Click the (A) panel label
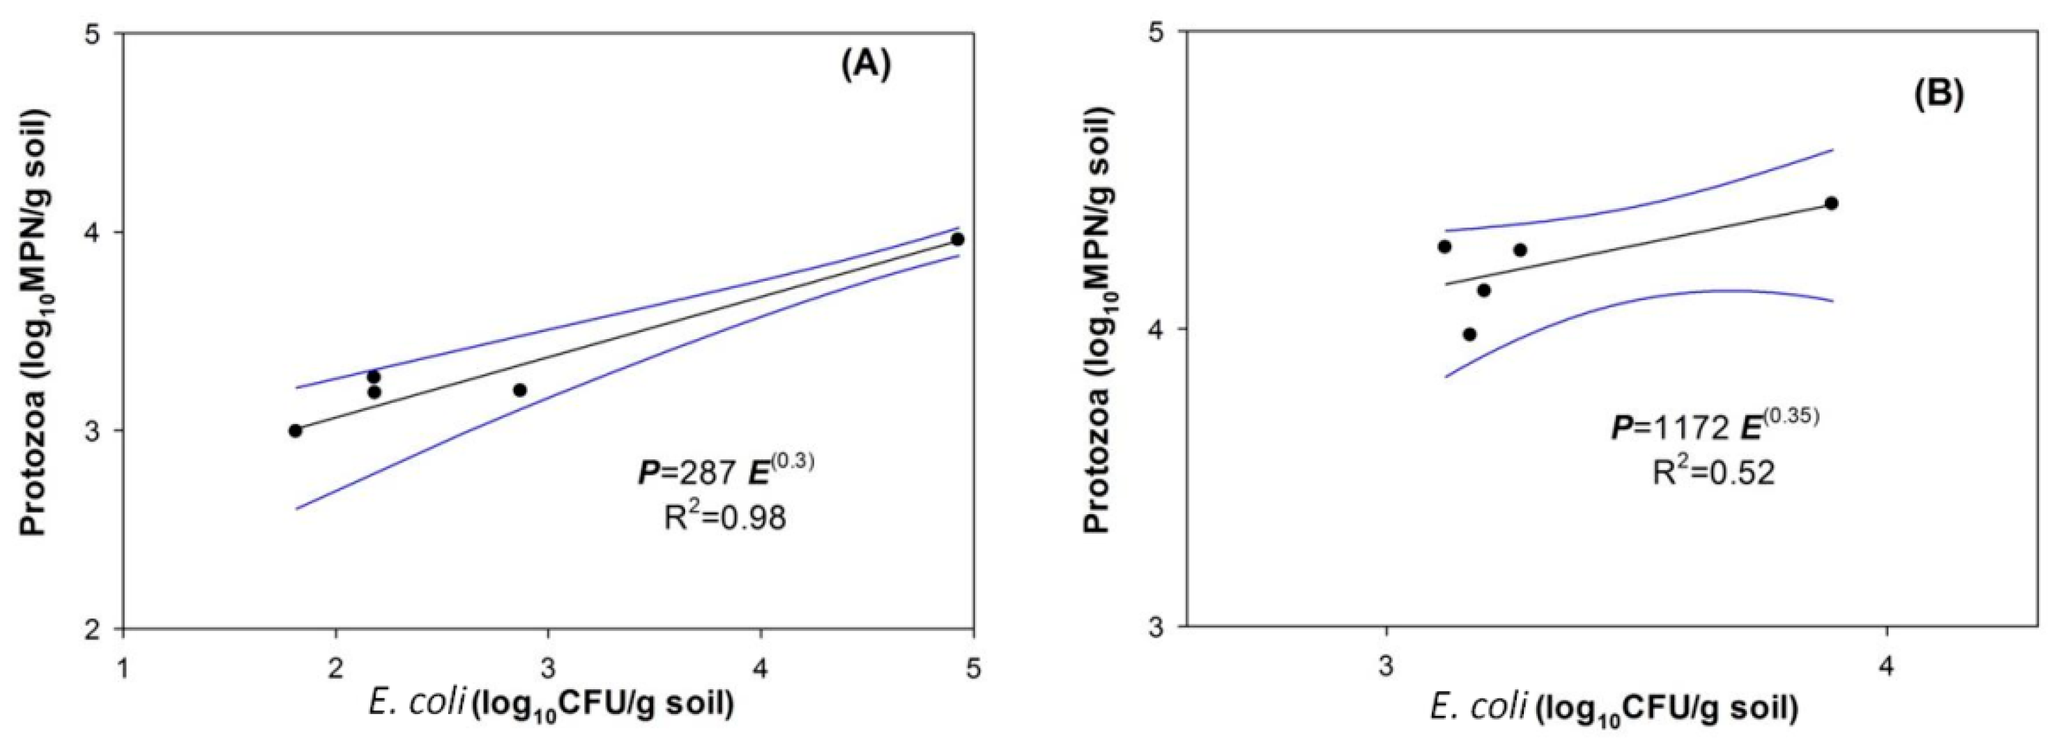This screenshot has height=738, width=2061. point(865,66)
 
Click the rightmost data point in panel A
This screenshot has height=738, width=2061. point(957,239)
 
